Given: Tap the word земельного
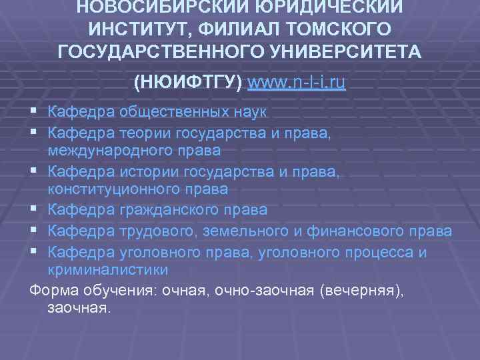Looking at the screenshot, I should [236, 231].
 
